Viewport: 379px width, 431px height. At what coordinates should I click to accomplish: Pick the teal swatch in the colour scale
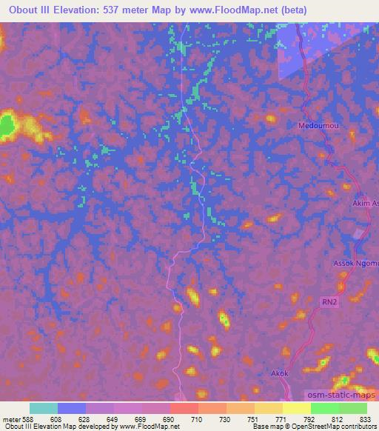click(44, 408)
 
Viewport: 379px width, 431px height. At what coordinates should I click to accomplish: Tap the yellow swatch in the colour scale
click(296, 408)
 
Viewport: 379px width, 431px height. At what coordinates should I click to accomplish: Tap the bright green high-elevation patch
click(7, 125)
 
